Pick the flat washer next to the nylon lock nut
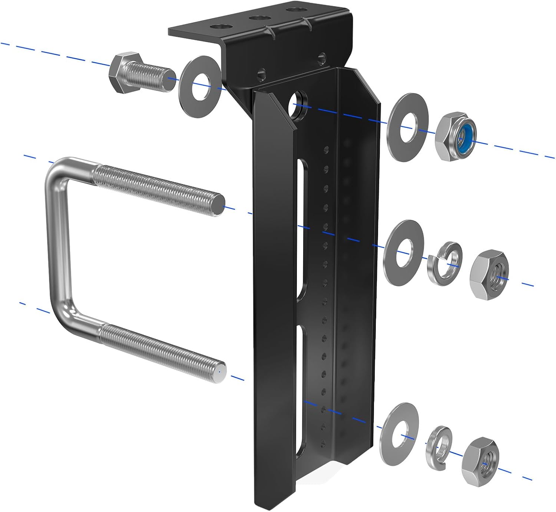pyautogui.click(x=408, y=127)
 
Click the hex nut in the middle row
pyautogui.click(x=489, y=274)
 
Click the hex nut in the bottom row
pyautogui.click(x=481, y=459)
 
